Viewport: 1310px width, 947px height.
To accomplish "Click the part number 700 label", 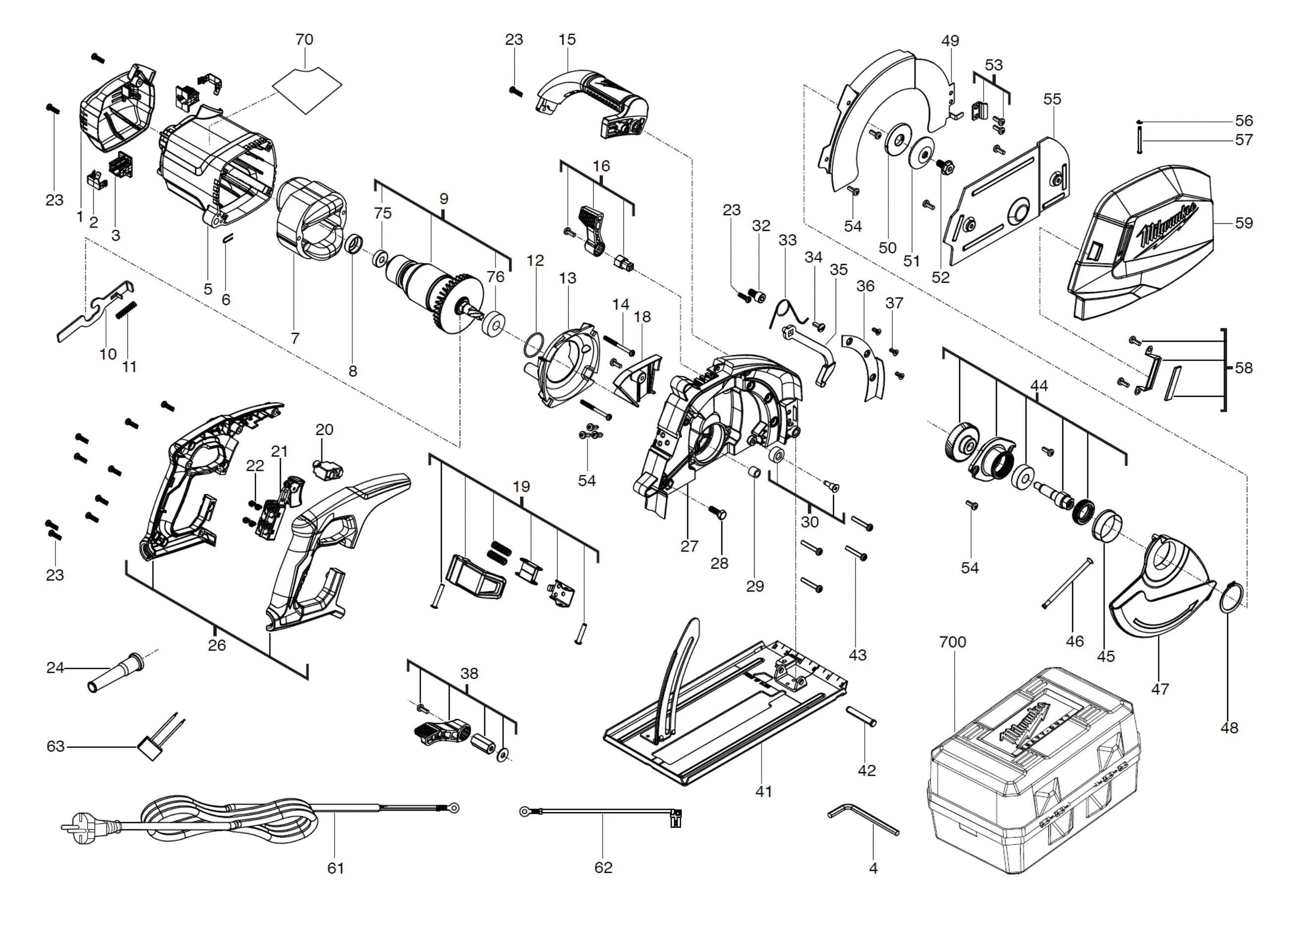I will point(952,641).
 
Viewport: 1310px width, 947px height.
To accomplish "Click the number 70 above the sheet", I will point(304,39).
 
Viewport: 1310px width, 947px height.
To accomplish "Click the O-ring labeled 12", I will point(534,345).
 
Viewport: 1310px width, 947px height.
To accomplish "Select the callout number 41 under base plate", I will point(764,791).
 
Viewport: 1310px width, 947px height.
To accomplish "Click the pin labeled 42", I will point(861,716).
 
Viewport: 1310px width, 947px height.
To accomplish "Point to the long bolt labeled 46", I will point(1068,583).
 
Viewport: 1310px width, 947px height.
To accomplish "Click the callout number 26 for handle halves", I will point(217,645).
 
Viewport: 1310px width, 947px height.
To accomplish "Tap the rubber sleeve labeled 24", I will point(115,672).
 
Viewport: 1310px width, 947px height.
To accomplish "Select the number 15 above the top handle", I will point(567,39).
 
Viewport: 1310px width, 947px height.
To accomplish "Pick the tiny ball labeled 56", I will point(1139,122).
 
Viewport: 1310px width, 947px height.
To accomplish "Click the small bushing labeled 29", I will point(755,472).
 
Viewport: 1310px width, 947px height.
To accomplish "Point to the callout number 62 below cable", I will point(603,867).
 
